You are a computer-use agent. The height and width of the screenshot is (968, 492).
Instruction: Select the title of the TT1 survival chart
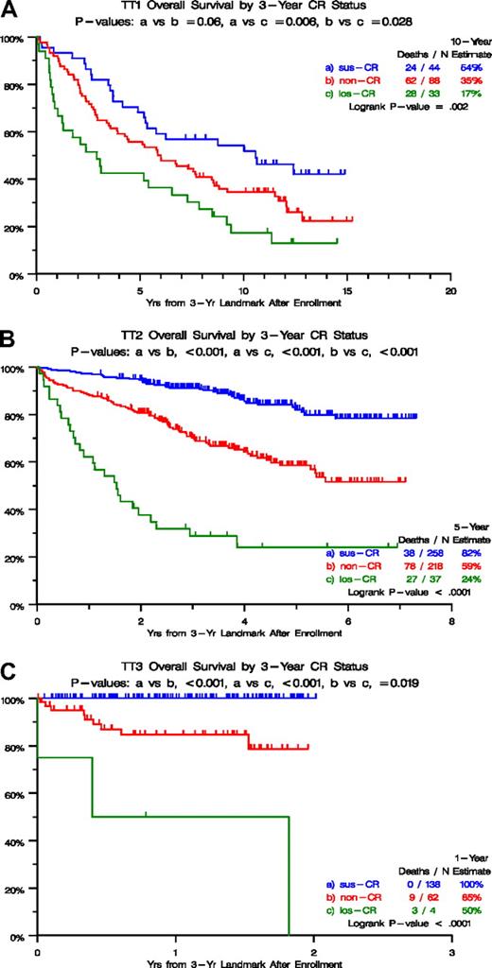[242, 10]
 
